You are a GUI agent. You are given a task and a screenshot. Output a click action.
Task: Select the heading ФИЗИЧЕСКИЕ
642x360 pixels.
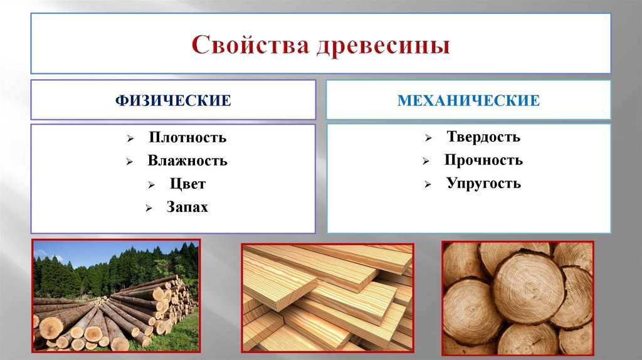[x=172, y=100]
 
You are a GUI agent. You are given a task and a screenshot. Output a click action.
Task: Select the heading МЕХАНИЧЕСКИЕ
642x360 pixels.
[x=468, y=100]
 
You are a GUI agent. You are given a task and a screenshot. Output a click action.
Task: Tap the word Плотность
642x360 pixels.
[x=187, y=137]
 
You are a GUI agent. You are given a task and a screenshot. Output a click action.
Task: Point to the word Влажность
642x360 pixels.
[x=187, y=161]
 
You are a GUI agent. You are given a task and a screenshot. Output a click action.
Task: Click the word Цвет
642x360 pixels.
[x=187, y=184]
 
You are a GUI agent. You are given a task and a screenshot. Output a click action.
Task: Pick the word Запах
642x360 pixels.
[x=187, y=207]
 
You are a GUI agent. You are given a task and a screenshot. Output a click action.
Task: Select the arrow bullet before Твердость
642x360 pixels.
[x=427, y=138]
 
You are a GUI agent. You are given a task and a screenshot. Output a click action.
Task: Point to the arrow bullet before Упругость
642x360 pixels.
[x=427, y=184]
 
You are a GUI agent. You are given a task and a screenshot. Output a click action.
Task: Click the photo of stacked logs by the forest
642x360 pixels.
[x=115, y=295]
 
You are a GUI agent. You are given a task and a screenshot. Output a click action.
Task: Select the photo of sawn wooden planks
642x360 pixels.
[x=327, y=297]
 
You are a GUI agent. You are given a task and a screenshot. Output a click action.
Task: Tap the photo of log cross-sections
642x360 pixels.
[x=517, y=298]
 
